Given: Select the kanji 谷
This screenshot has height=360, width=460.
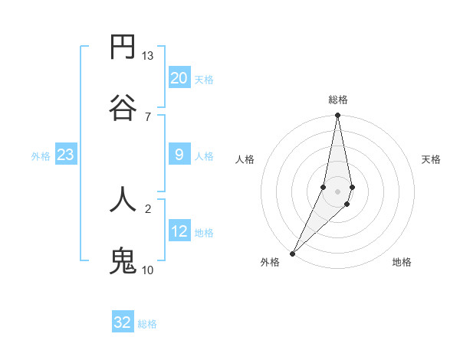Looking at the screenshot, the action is coord(123,107).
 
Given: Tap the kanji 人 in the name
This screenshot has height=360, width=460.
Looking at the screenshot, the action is coord(123,199).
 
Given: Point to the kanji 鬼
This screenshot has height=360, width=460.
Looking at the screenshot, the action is coord(123,260).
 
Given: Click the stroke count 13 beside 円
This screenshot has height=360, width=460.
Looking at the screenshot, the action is coord(148,56).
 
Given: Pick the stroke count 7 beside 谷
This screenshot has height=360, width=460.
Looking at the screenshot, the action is coord(148,116).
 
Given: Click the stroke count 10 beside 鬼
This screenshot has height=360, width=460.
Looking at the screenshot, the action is coord(148,270).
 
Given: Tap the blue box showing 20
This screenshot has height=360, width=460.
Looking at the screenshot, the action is coord(179,78).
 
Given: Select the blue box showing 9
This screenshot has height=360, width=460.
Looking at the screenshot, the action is coord(179,155).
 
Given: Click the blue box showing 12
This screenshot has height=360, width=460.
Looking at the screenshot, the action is coord(179,231).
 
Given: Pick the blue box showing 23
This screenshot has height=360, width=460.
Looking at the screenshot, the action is coord(65,155).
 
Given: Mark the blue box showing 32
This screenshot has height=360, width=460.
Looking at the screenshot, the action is coord(123,322).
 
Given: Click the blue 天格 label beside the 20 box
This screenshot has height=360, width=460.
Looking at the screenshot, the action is coord(204,80).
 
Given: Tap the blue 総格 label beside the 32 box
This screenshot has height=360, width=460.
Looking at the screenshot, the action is coord(147,324).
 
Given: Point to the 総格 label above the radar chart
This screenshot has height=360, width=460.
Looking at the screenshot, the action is coord(337,100).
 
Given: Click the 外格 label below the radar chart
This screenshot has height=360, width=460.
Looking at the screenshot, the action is coord(270,262).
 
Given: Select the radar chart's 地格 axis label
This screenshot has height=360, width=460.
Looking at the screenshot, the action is coord(402,262).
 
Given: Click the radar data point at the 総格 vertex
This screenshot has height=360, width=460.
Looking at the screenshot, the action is coord(337,116).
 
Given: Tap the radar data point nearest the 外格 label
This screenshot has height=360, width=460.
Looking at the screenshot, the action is coord(292,253).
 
